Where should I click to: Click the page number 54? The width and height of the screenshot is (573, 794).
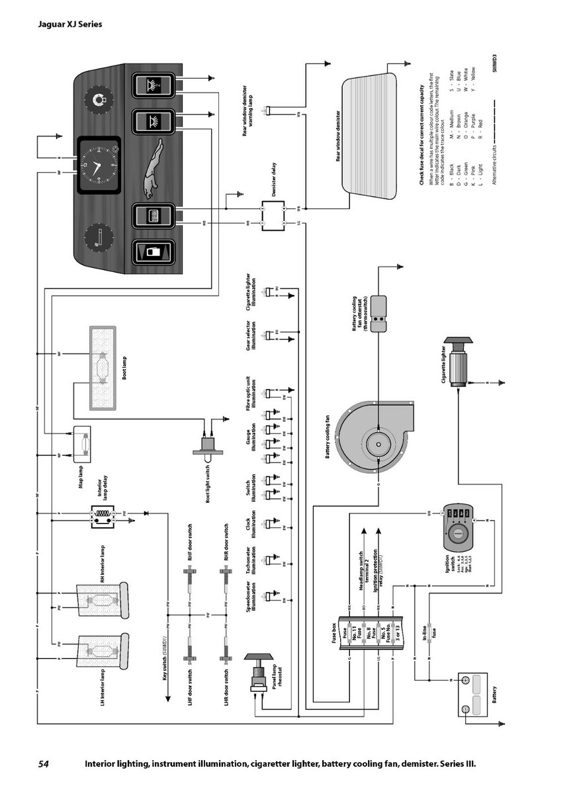44,764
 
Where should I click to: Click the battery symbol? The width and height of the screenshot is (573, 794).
472,694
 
